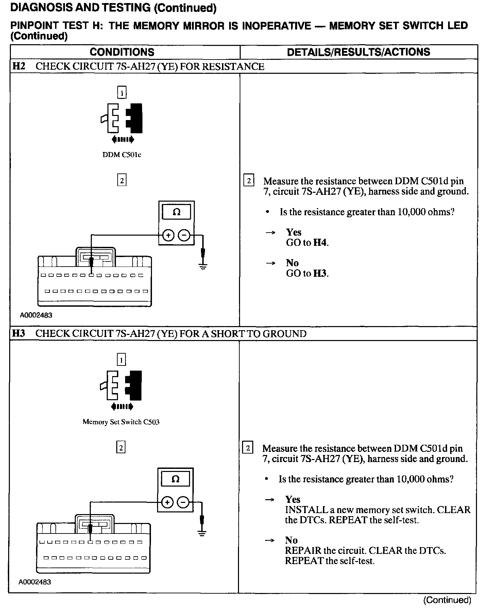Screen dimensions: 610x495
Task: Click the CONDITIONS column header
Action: pos(122,52)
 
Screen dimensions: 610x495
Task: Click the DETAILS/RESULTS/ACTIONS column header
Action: pos(358,52)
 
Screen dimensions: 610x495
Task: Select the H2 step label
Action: pos(19,66)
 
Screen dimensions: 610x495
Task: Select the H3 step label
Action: pos(19,334)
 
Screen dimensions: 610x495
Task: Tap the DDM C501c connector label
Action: pos(122,155)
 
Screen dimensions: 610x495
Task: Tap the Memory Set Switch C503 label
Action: pos(121,422)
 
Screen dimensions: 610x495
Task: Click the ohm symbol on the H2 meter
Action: pos(176,213)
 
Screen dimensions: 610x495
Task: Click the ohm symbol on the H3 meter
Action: pos(175,479)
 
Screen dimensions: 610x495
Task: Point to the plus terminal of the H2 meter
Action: pos(168,235)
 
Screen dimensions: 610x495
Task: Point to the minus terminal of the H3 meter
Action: pos(183,502)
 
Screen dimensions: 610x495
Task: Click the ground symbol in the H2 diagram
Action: pos(203,267)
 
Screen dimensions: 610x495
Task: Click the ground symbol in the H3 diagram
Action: pos(202,533)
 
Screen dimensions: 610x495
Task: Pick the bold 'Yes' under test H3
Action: pos(293,499)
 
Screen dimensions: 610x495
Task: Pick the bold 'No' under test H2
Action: pos(292,263)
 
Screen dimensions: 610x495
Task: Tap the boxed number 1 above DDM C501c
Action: pos(122,92)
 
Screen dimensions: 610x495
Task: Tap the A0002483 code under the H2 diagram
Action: pos(36,315)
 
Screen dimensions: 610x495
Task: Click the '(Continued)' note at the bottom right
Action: pos(447,600)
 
